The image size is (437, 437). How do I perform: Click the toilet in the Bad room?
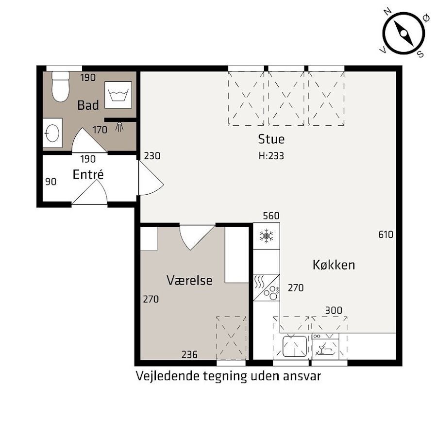click(61, 87)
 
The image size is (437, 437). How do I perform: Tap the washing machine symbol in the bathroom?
click(118, 95)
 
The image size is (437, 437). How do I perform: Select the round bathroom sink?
click(52, 133)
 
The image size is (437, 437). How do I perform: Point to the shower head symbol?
click(119, 127)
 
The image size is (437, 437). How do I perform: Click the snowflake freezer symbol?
click(267, 236)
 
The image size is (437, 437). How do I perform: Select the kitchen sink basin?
click(295, 346)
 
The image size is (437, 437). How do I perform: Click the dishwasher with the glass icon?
click(325, 346)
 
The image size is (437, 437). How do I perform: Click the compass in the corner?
click(403, 34)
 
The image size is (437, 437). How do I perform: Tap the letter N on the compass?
click(387, 12)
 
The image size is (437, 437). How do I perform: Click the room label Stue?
click(271, 139)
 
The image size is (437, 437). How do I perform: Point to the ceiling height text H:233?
click(271, 156)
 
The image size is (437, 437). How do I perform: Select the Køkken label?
click(334, 265)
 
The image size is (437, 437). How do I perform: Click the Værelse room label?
click(189, 280)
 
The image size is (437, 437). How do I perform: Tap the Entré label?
click(88, 174)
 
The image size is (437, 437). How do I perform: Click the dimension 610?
click(386, 235)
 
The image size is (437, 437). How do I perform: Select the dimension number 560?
click(271, 216)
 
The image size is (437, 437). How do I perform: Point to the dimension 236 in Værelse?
click(189, 354)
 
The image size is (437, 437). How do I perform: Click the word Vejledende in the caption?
click(168, 376)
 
